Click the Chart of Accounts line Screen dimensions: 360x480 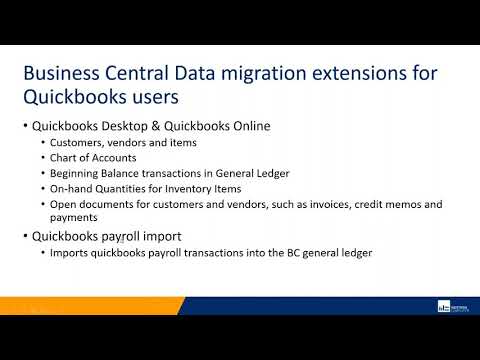95,157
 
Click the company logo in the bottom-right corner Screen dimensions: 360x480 455,306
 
